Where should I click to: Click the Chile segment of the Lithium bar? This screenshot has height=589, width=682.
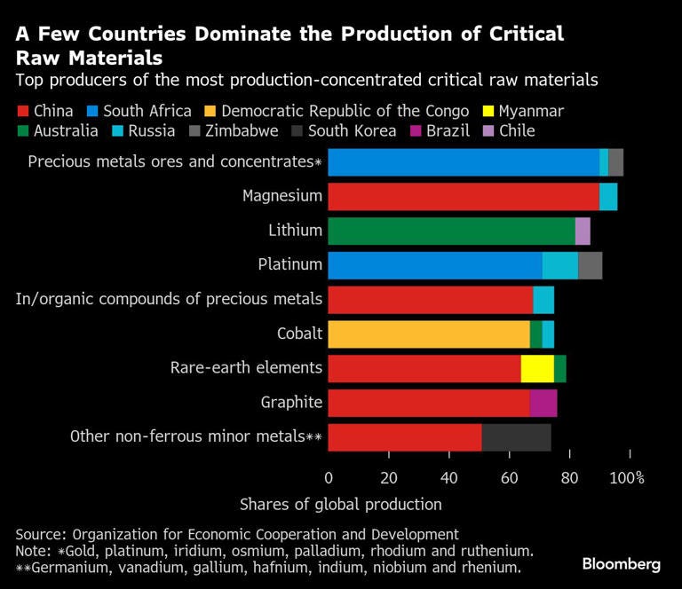click(583, 232)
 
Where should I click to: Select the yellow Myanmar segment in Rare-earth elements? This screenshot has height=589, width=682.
click(537, 369)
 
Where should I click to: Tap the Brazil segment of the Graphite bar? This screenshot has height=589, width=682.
click(543, 403)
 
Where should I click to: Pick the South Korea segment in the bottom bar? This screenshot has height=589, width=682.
click(517, 437)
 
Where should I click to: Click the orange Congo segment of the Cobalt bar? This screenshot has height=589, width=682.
click(429, 334)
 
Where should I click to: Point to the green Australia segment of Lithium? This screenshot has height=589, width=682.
click(452, 232)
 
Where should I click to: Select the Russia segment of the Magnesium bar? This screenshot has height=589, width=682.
click(608, 197)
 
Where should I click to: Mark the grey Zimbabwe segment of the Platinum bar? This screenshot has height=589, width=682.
click(591, 265)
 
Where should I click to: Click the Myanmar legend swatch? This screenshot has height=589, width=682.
click(488, 111)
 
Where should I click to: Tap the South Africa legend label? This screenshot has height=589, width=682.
click(147, 111)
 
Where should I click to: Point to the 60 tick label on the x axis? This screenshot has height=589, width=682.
click(510, 478)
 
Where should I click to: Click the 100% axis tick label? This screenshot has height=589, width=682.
click(627, 478)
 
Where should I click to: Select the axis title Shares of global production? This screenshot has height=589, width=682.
click(341, 505)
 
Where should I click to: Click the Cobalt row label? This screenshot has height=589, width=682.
click(299, 334)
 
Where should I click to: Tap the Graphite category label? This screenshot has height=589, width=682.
click(291, 403)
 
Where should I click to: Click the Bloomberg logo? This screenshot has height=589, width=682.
click(622, 564)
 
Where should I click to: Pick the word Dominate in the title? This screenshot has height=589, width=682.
click(242, 34)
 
